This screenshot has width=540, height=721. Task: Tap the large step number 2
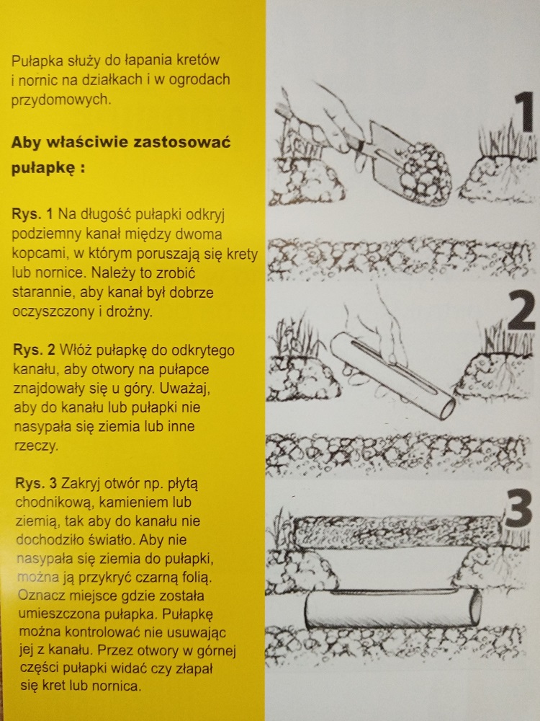pyautogui.click(x=521, y=310)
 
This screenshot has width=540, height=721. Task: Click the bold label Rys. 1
pyautogui.click(x=32, y=214)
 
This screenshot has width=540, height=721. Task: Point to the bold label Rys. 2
pyautogui.click(x=34, y=350)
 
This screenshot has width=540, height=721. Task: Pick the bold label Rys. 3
pyautogui.click(x=36, y=483)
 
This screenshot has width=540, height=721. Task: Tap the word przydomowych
pyautogui.click(x=60, y=99)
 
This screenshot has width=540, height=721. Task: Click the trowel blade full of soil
pyautogui.click(x=411, y=164)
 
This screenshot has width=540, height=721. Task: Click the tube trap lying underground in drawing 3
pyautogui.click(x=393, y=609)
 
